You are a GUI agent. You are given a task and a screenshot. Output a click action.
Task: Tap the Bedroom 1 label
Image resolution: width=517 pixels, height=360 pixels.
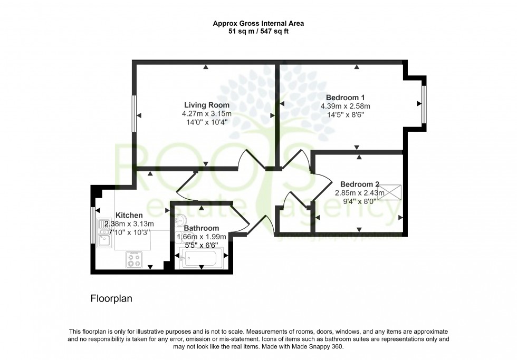click(x=345, y=97)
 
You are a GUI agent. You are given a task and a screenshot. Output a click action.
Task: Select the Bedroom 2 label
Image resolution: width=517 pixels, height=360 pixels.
click(x=359, y=184)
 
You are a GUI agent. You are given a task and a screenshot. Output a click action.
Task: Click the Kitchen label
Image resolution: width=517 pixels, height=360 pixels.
click(x=129, y=215)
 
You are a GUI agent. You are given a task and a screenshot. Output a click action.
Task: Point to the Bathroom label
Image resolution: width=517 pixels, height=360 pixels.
click(x=201, y=228)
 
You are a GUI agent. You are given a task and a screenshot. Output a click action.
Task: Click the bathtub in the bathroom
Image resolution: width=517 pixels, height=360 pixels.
click(x=202, y=258)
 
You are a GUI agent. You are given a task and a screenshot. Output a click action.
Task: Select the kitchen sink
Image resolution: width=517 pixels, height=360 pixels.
click(x=104, y=231)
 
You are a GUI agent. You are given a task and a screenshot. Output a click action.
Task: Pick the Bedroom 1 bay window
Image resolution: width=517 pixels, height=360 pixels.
click(x=424, y=104)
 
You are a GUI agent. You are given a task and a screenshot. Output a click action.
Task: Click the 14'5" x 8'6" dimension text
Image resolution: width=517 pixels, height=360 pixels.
click(x=345, y=114)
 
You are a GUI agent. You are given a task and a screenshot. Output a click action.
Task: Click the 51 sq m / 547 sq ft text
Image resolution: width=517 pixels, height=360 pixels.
click(x=258, y=31)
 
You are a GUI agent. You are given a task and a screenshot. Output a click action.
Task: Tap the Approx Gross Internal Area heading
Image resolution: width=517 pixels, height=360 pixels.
click(x=258, y=23)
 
